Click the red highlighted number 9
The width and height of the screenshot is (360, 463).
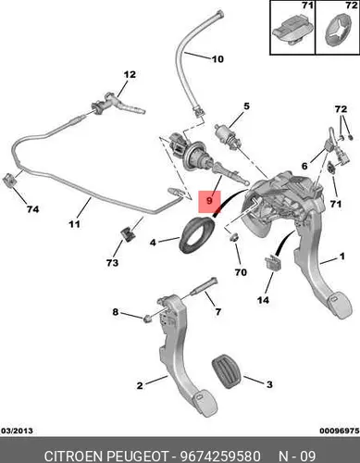click(209, 201)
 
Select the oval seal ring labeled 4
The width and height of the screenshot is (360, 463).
click(196, 235)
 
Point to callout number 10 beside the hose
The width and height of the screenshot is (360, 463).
click(217, 59)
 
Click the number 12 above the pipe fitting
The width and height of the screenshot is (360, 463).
click(130, 74)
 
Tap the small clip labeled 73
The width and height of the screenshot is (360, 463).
click(128, 234)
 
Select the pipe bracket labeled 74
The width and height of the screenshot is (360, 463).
click(9, 180)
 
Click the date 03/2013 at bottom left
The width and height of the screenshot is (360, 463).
click(17, 431)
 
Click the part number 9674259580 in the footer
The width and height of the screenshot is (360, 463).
click(220, 456)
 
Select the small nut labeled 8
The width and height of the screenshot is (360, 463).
click(148, 318)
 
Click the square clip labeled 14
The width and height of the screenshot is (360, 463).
click(272, 262)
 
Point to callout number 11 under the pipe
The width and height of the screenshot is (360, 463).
click(74, 224)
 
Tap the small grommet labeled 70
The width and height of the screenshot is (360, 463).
click(235, 237)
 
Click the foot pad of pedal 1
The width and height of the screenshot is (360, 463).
click(339, 304)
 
